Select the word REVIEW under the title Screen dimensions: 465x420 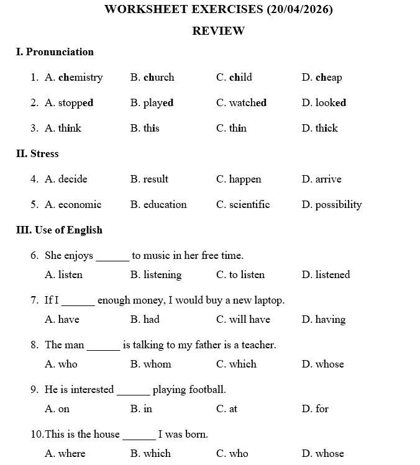pos(218,31)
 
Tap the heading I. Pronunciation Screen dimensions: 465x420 pos(55,52)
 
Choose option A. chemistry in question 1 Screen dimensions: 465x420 pos(73,78)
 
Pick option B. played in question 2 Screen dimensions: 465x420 pos(152,103)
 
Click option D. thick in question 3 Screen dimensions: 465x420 pos(319,129)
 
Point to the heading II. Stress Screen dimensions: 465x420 pos(37,154)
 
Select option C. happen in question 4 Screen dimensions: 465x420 pos(239,179)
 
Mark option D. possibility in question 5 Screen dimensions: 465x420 pos(331,205)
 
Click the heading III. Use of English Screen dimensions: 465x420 pos(59,230)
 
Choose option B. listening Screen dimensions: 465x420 pos(156,275)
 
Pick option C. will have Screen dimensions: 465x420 pos(243,320)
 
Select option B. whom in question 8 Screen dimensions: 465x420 pos(150,364)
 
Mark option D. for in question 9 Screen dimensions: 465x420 pos(315,409)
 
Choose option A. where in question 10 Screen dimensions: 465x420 pos(65,453)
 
